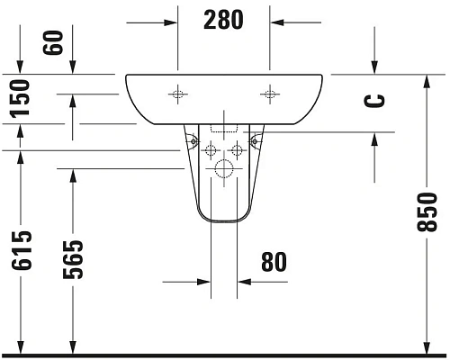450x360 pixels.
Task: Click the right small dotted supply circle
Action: click(x=238, y=148)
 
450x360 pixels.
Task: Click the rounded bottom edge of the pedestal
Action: click(x=223, y=221)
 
